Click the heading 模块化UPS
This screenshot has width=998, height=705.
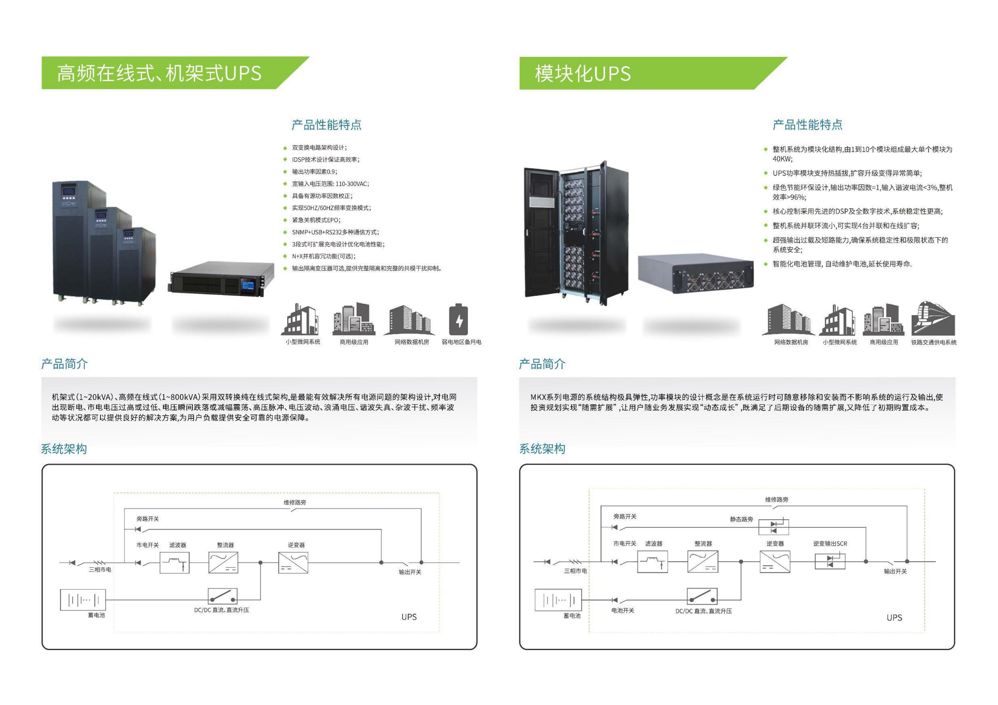click(582, 73)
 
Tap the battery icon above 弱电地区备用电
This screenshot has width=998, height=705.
click(459, 320)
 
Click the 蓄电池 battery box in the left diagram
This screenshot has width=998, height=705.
click(83, 600)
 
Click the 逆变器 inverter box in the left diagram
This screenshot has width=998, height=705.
click(293, 563)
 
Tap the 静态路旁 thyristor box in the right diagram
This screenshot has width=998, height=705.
click(773, 527)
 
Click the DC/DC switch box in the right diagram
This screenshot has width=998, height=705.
click(702, 596)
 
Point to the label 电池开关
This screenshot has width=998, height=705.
click(622, 610)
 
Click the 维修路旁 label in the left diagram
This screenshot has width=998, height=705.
click(295, 502)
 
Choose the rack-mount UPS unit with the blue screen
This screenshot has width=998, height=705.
click(221, 279)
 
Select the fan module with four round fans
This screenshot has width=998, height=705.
click(695, 274)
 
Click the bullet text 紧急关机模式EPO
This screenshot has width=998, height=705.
click(316, 220)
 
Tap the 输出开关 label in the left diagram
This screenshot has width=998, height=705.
click(410, 572)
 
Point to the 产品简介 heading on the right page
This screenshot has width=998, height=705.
click(542, 364)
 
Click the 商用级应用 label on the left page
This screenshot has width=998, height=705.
click(354, 342)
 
